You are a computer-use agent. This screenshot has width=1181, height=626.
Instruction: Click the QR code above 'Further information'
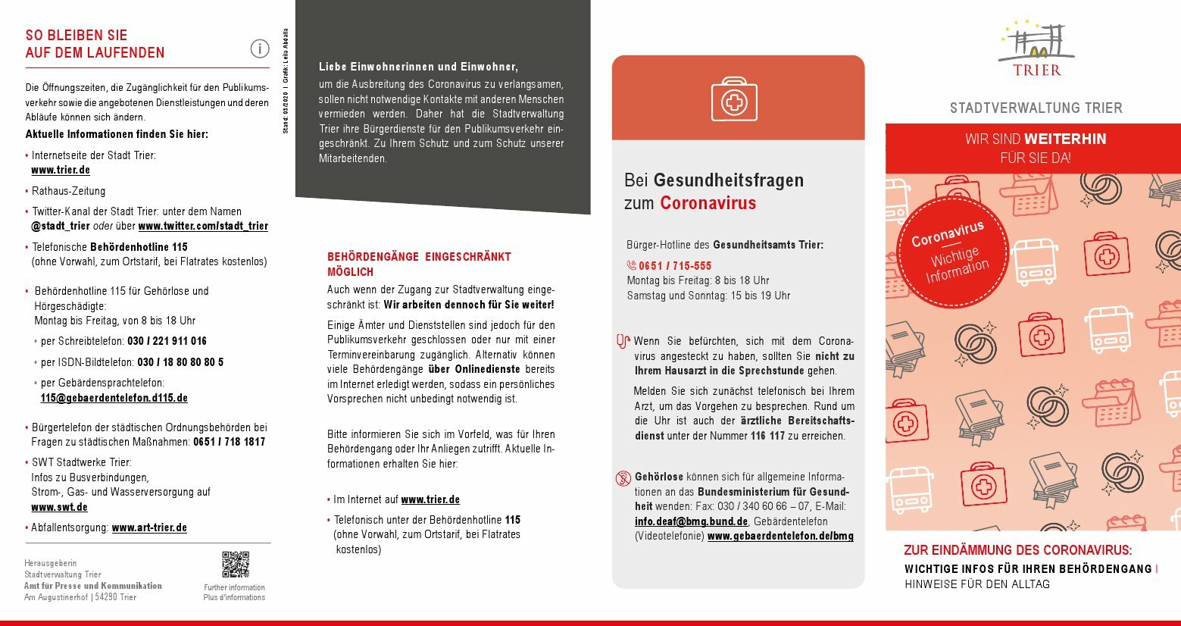[x=235, y=565]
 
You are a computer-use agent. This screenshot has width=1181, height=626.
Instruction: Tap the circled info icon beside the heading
[x=259, y=49]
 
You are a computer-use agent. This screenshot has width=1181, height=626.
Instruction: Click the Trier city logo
[x=1036, y=49]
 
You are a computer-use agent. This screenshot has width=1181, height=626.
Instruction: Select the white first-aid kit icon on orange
[x=733, y=99]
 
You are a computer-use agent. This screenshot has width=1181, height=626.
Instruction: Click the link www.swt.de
[x=59, y=507]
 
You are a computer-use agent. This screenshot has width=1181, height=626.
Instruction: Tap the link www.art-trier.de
[x=149, y=527]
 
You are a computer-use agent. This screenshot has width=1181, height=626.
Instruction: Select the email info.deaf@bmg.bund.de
[x=691, y=521]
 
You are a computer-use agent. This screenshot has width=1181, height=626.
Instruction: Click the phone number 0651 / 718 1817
[x=229, y=442]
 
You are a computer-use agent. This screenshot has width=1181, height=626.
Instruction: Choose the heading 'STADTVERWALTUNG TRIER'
[x=1036, y=108]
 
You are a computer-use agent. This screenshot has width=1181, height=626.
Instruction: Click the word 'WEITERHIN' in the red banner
[x=1065, y=139]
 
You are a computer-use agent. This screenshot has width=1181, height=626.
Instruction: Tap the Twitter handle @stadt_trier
[x=61, y=226]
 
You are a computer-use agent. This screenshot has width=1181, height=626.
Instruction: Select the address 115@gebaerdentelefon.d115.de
[x=114, y=398]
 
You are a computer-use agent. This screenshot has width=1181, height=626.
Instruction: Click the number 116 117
[x=767, y=436]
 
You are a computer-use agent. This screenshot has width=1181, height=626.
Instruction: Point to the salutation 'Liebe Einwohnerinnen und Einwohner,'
[x=418, y=67]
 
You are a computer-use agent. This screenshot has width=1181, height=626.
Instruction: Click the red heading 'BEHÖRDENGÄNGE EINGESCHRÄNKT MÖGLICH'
[x=419, y=264]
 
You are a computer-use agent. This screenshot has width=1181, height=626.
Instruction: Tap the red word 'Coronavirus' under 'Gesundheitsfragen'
[x=708, y=203]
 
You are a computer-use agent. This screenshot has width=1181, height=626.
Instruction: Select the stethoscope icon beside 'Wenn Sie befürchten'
[x=623, y=342]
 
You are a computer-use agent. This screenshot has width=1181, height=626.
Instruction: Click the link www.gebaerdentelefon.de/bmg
[x=780, y=536]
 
